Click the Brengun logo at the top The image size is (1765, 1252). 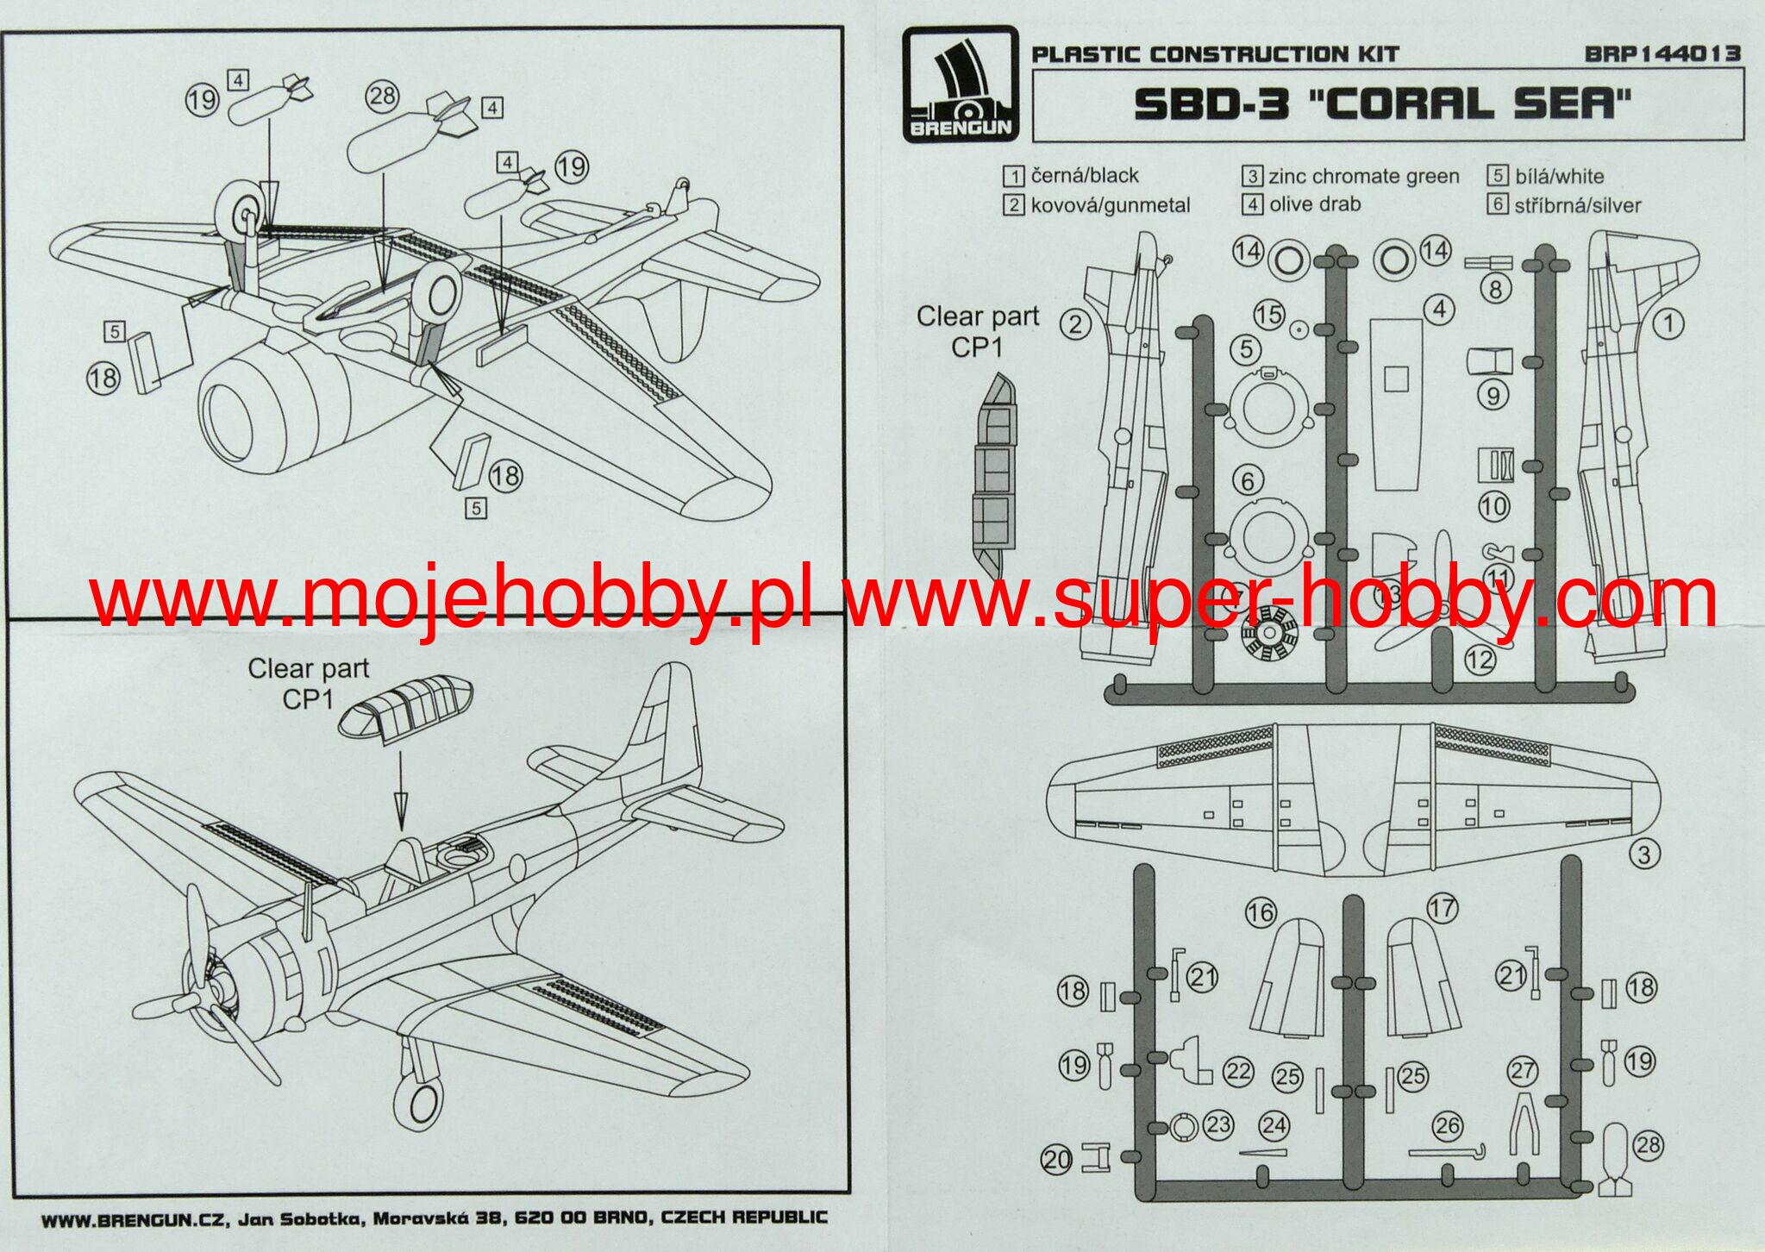click(961, 84)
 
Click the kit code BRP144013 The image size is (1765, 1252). click(1662, 53)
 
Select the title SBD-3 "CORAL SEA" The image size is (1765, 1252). click(1383, 104)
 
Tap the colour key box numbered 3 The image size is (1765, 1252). click(1252, 176)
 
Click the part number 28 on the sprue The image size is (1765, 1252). click(1647, 1145)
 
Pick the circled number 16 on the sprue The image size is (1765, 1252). click(1260, 912)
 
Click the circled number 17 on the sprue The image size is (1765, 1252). click(1442, 907)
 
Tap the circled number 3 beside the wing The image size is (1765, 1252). click(1643, 854)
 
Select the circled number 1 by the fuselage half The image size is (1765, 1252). click(1668, 324)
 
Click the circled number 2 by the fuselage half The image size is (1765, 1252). click(1075, 324)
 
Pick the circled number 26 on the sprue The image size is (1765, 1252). click(1447, 1125)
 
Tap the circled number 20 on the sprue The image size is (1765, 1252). click(1056, 1160)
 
